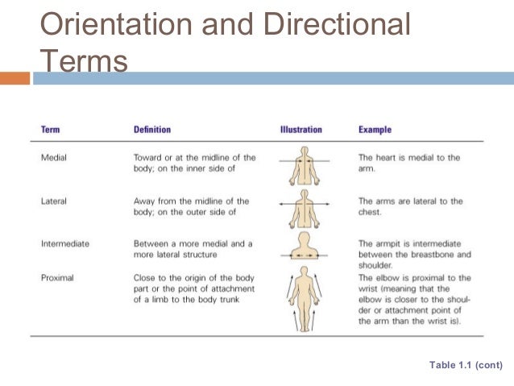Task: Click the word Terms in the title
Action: (84, 60)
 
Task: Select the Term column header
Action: (50, 130)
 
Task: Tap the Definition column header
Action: (151, 130)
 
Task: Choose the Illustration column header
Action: (301, 130)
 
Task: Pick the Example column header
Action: (376, 130)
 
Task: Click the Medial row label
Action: (53, 158)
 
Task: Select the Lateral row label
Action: (53, 201)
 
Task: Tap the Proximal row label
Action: (57, 278)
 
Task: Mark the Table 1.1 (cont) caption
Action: (466, 365)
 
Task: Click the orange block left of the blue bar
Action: (15, 78)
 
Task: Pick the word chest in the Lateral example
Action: (370, 212)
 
